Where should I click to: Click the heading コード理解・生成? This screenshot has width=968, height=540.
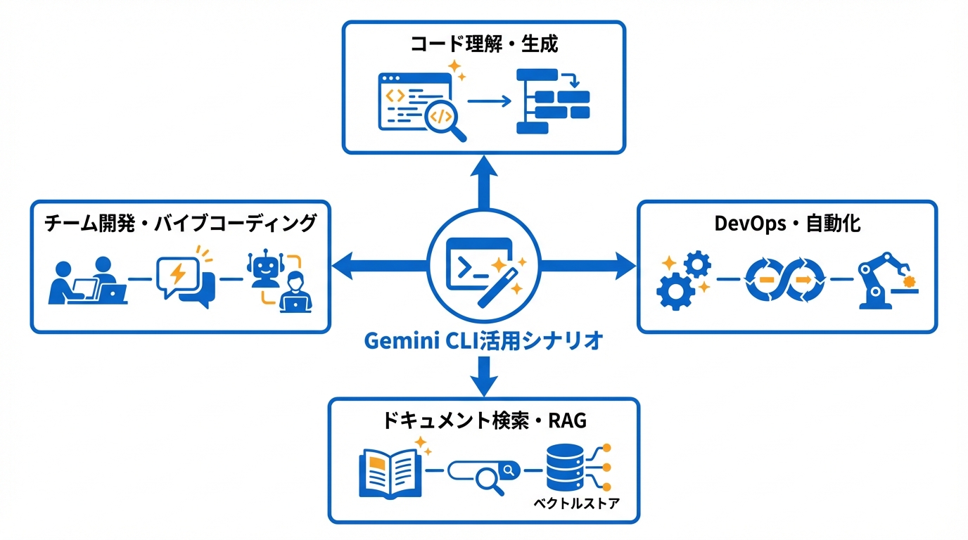tap(483, 45)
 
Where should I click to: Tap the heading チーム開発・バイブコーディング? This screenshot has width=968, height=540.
tap(180, 224)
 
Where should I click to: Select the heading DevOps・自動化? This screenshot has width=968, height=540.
tap(787, 224)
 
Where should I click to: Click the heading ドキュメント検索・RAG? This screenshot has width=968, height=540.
tap(484, 420)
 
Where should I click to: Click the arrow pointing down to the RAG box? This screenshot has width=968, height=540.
tap(484, 376)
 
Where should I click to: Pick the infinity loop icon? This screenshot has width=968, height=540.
tap(784, 280)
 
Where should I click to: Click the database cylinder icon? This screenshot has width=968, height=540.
tap(564, 468)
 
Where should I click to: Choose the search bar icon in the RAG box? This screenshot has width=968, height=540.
tap(484, 470)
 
